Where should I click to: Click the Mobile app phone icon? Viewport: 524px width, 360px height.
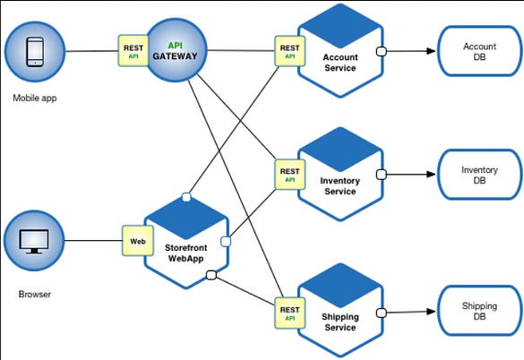click(x=34, y=51)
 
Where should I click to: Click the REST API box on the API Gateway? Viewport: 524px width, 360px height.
click(x=133, y=51)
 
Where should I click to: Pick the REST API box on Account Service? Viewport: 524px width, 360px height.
click(x=289, y=51)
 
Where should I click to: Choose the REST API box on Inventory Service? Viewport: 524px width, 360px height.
click(x=289, y=174)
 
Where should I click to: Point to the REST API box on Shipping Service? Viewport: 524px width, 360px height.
click(x=289, y=310)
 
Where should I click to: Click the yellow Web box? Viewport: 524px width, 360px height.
click(x=135, y=241)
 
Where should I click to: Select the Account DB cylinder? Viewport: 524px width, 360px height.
click(x=478, y=52)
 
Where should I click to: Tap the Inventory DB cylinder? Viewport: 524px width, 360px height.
click(x=478, y=175)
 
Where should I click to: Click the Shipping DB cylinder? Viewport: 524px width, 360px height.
click(x=478, y=311)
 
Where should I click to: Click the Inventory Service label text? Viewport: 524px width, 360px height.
click(x=339, y=186)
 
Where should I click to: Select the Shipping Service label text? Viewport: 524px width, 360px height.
click(x=339, y=322)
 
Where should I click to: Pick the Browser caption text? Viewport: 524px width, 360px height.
click(x=34, y=293)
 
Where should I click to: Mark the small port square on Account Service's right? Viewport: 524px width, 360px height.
click(x=381, y=52)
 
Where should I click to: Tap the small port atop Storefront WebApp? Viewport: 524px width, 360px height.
click(x=185, y=196)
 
